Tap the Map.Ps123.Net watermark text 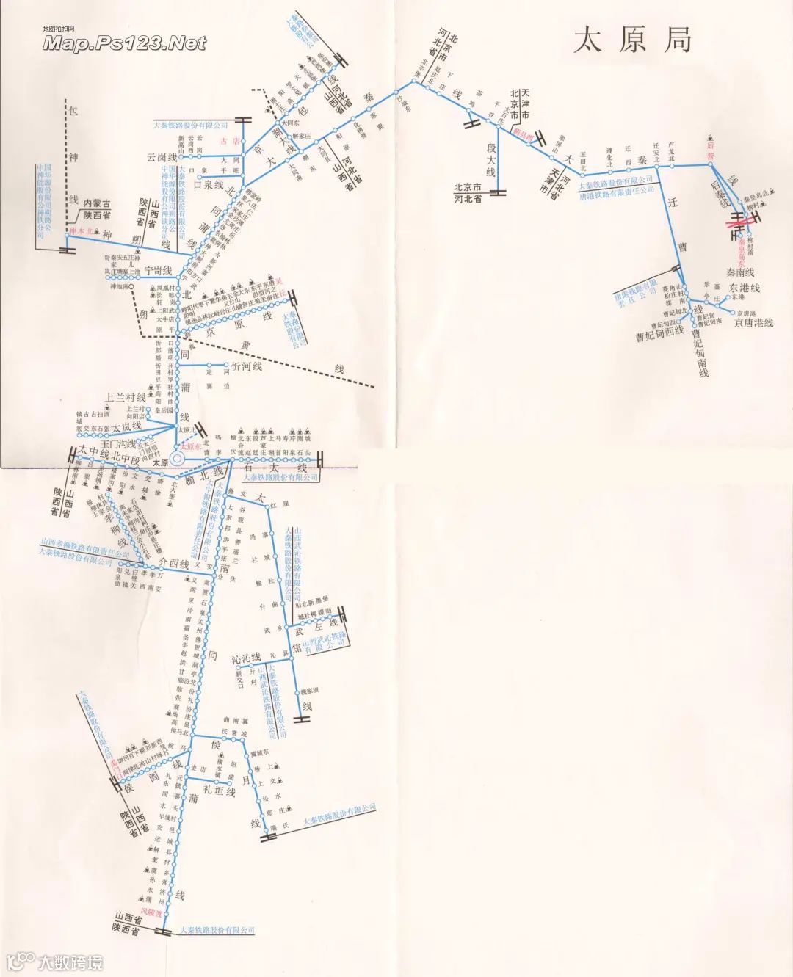tap(124, 44)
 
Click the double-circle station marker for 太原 tap(177, 460)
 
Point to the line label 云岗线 tap(162, 157)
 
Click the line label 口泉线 tap(207, 184)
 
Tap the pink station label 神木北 tap(81, 232)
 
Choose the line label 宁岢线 tap(157, 270)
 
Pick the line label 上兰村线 tap(126, 397)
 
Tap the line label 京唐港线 tap(753, 322)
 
